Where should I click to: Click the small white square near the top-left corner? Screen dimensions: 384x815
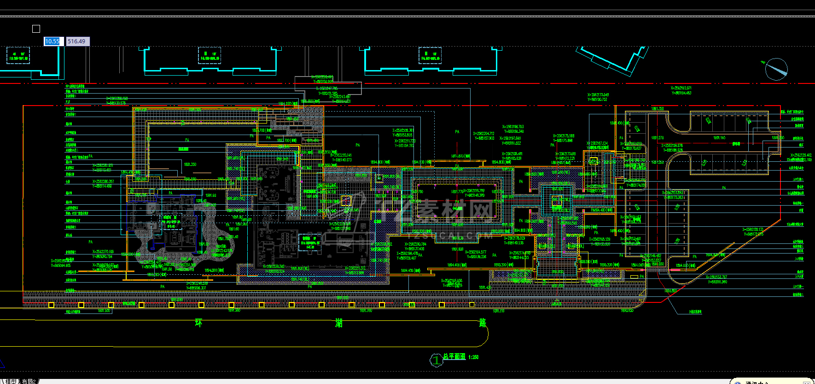(36, 29)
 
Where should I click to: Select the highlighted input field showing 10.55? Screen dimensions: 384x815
(52, 41)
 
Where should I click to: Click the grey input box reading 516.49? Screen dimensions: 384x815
(77, 41)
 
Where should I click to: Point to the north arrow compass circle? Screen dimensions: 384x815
(776, 69)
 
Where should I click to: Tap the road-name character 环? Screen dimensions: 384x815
(198, 323)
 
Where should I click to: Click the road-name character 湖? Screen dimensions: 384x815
(339, 323)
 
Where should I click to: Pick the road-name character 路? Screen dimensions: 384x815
(483, 323)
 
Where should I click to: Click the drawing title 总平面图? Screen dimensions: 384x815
(454, 357)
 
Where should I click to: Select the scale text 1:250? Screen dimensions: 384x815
(473, 357)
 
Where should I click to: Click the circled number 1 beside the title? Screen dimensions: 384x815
(436, 360)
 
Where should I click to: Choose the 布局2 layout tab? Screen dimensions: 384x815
(29, 381)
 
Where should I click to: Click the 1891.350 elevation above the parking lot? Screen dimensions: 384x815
(658, 109)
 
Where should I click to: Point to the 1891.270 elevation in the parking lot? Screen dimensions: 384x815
(658, 138)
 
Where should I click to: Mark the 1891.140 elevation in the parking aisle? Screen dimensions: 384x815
(719, 138)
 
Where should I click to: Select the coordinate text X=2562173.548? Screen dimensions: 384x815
(598, 95)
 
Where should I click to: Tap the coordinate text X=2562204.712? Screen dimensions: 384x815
(483, 134)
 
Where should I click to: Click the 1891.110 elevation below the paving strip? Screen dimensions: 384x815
(499, 311)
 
